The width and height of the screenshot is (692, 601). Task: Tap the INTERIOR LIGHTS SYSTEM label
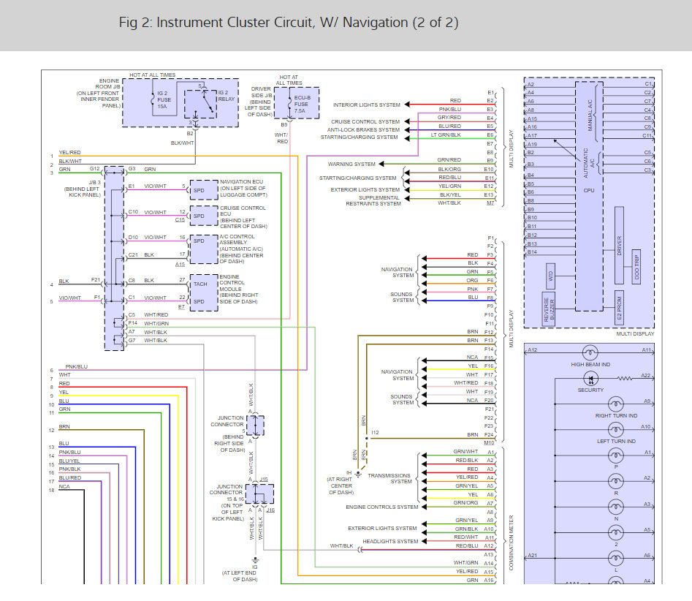coord(366,105)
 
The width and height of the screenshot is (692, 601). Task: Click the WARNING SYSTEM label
coord(351,165)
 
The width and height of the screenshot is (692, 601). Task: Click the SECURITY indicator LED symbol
coord(590,378)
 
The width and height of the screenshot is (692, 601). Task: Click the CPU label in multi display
coord(588,189)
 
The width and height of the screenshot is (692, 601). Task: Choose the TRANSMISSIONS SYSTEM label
coord(389,478)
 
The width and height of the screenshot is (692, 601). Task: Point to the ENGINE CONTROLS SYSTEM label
coord(382,507)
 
